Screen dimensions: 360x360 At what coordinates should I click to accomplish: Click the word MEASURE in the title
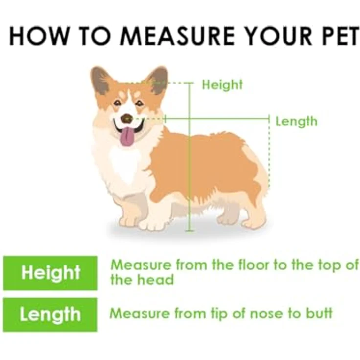[x=177, y=36]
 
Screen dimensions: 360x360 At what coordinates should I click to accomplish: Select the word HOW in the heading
[x=39, y=36]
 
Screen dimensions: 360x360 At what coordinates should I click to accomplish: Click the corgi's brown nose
[x=127, y=118]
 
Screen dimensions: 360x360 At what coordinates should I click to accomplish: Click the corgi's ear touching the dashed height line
[x=157, y=80]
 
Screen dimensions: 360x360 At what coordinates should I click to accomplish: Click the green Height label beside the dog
[x=222, y=85]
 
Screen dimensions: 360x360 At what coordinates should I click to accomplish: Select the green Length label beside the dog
[x=296, y=121]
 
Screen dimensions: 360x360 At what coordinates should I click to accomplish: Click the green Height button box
[x=50, y=273]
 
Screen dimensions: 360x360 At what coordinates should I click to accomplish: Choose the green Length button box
[x=50, y=315]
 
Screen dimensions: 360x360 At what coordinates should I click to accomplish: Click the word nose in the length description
[x=266, y=313]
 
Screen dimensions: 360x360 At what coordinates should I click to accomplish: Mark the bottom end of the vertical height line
[x=190, y=231]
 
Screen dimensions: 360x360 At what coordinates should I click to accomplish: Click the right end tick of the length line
[x=269, y=119]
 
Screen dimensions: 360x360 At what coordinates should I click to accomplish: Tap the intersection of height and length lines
[x=190, y=119]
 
